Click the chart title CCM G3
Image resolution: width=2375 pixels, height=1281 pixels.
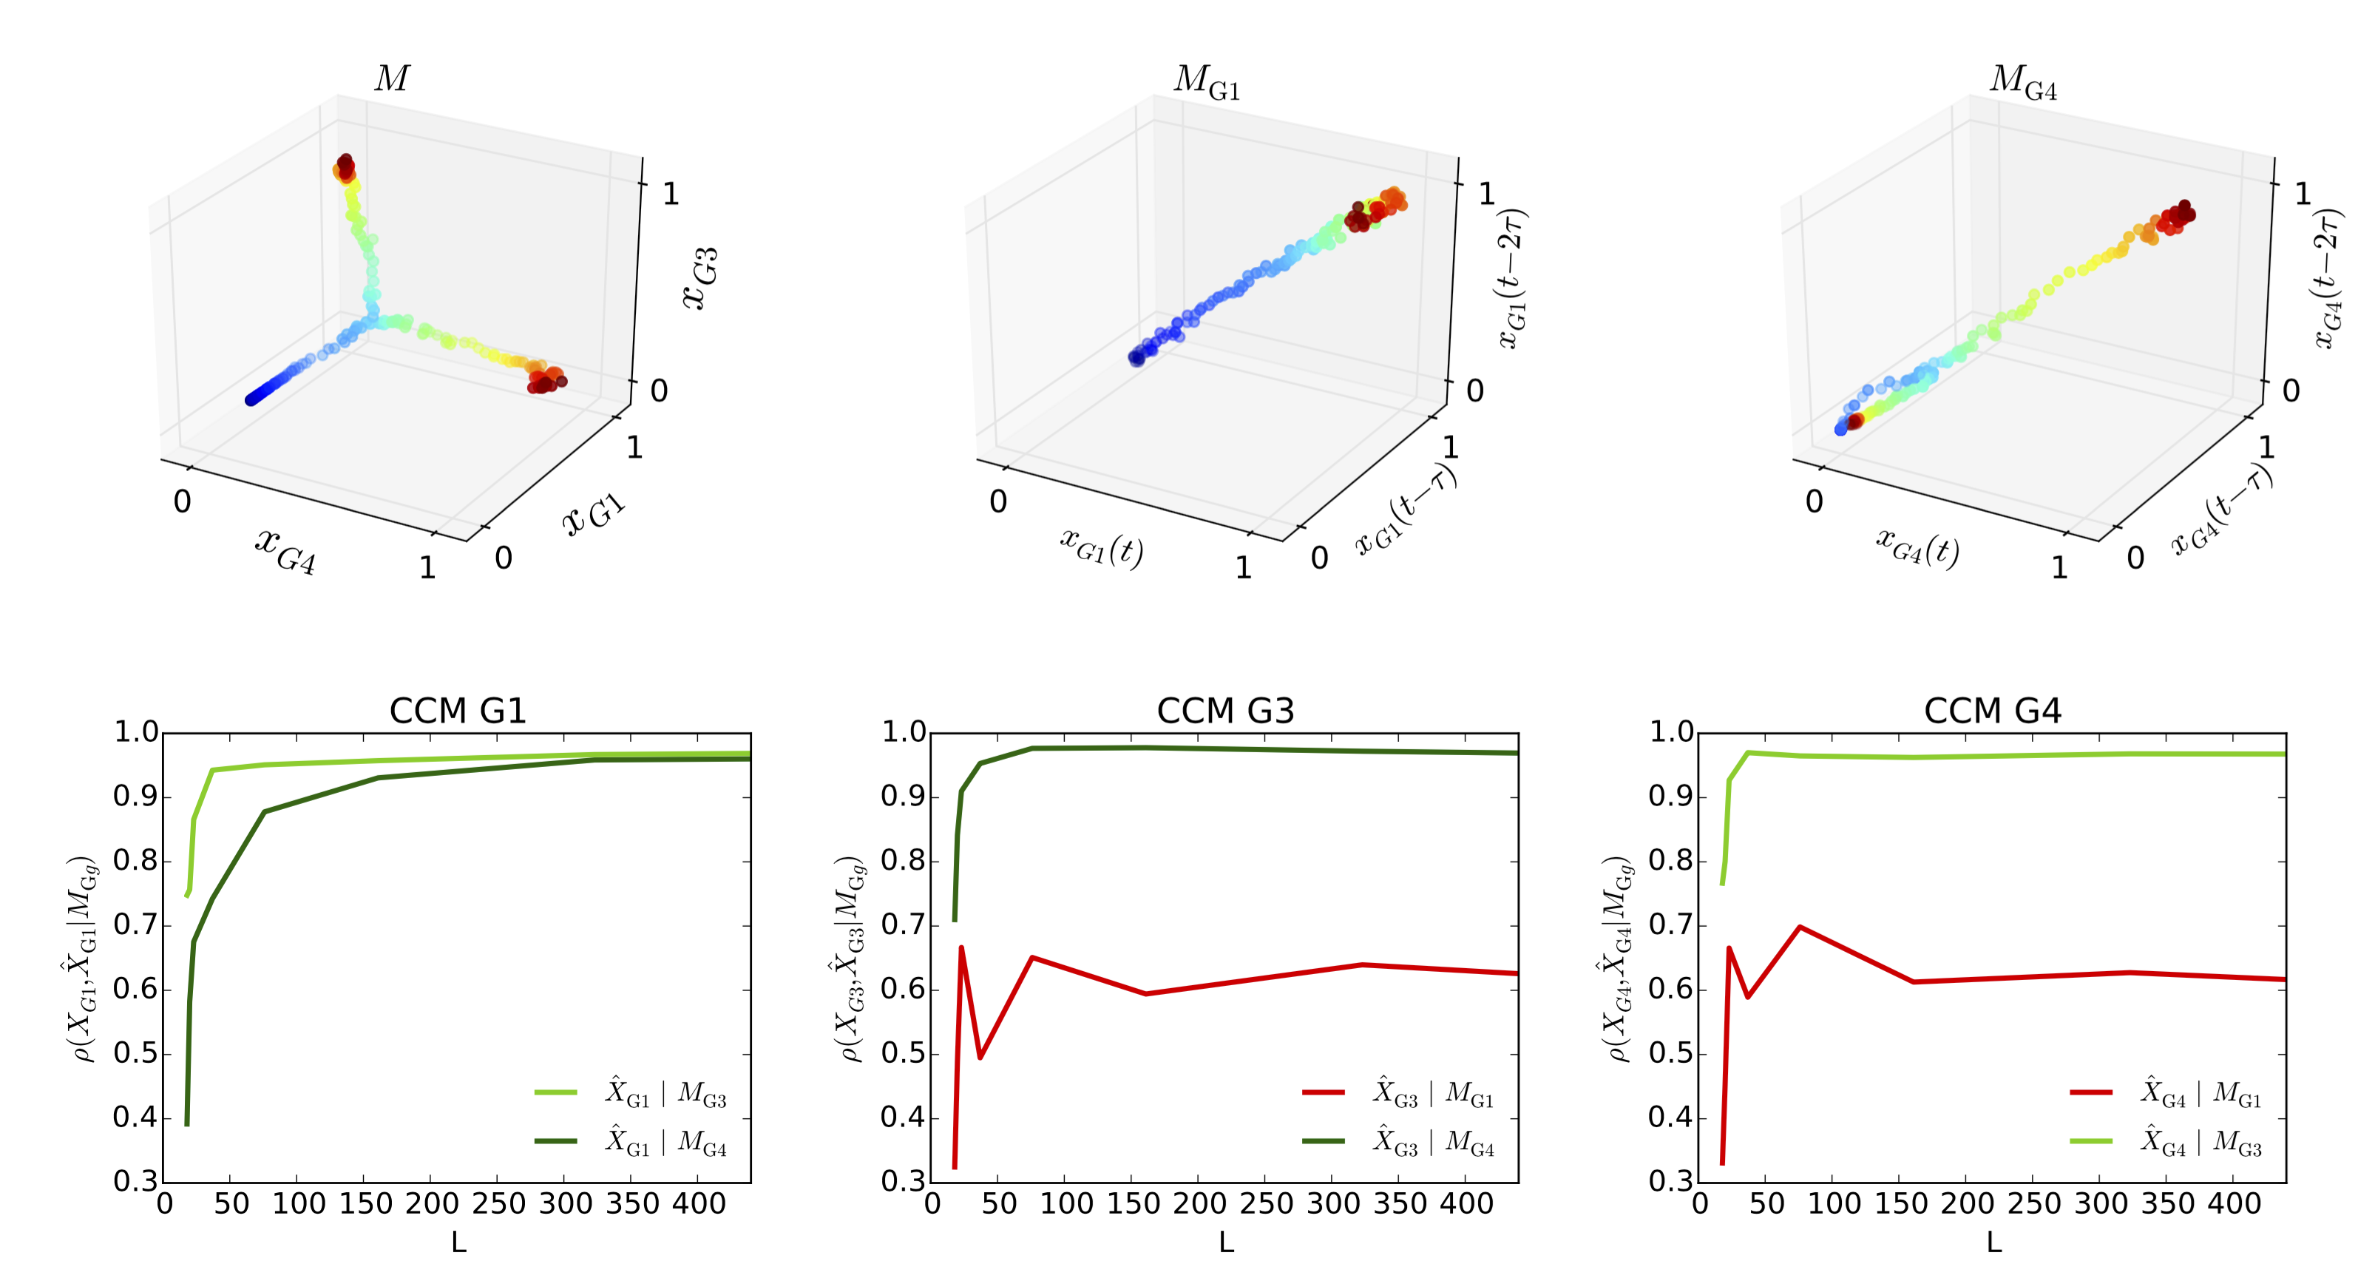pyautogui.click(x=1225, y=711)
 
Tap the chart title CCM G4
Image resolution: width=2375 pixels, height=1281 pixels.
pyautogui.click(x=1993, y=711)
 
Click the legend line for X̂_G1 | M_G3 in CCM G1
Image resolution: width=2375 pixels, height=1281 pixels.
pyautogui.click(x=556, y=1093)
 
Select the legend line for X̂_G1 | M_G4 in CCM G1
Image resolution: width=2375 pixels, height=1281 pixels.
pyautogui.click(x=556, y=1142)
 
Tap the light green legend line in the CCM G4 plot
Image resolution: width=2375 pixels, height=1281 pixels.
pyautogui.click(x=2091, y=1142)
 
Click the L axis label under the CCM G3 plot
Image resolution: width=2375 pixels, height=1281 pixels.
pyautogui.click(x=1226, y=1243)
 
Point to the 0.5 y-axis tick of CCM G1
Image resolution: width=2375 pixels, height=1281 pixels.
pyautogui.click(x=135, y=1054)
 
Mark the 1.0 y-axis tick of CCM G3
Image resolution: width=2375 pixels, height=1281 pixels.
pyautogui.click(x=904, y=733)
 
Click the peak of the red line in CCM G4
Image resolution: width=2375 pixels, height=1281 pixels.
pyautogui.click(x=1800, y=927)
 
